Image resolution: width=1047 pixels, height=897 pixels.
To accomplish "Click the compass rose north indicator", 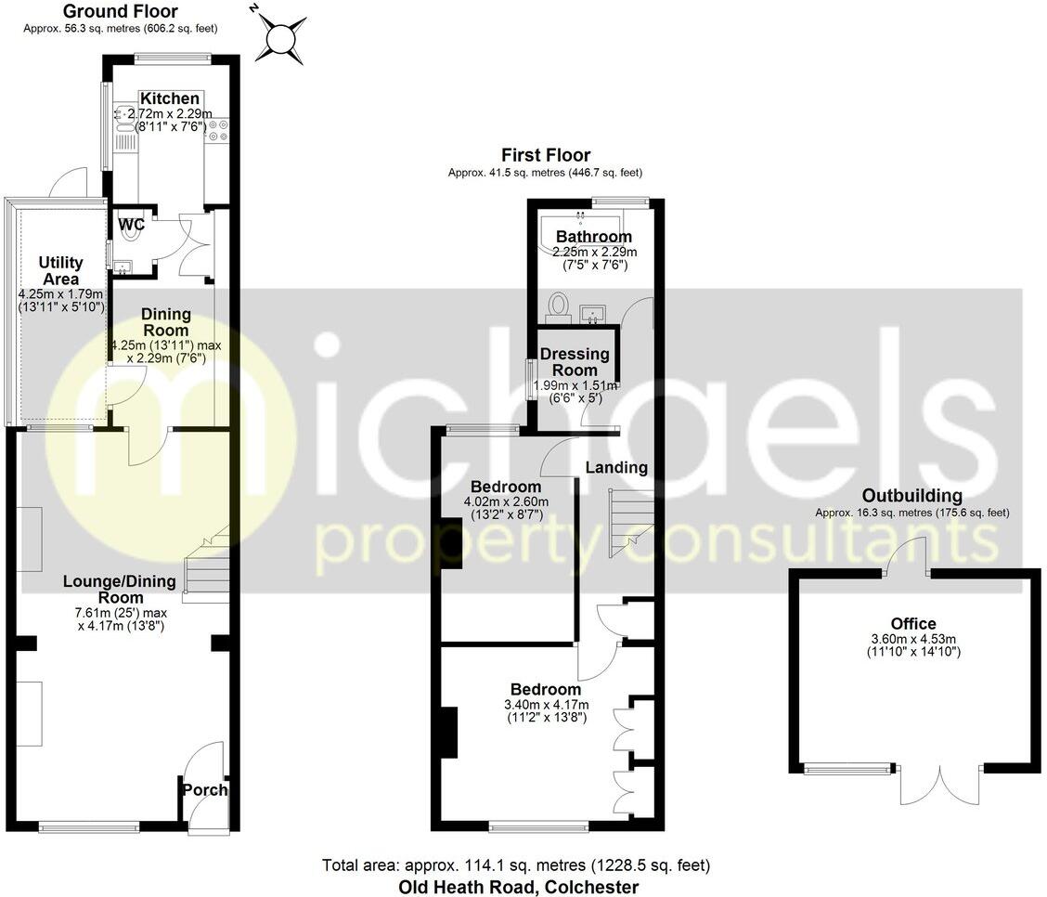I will coord(284,37).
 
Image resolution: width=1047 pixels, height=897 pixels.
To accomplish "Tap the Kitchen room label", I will coord(169,98).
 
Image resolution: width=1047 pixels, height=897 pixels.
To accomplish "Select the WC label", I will coord(130,224).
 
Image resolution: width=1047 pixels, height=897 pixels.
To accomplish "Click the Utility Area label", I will coord(60,271).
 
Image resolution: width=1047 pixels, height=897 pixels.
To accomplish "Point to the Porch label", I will coord(204,790).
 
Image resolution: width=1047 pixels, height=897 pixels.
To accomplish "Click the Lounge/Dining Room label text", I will coord(119,590).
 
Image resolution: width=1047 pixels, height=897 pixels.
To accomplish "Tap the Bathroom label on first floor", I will coord(594,237).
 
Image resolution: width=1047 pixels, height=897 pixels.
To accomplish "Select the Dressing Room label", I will coord(575,362).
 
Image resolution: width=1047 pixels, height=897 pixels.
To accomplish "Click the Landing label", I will coord(616,467).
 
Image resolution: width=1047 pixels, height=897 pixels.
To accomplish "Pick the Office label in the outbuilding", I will coord(913,623).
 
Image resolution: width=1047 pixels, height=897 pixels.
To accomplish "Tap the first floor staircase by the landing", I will coord(630,524).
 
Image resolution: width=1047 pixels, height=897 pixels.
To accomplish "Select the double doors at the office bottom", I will coord(939,784).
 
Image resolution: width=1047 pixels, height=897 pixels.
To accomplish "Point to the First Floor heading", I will coord(545,155).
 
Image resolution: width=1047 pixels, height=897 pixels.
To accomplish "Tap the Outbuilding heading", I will coord(911,496).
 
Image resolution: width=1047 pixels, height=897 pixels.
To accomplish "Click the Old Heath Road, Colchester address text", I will coord(515,887).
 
